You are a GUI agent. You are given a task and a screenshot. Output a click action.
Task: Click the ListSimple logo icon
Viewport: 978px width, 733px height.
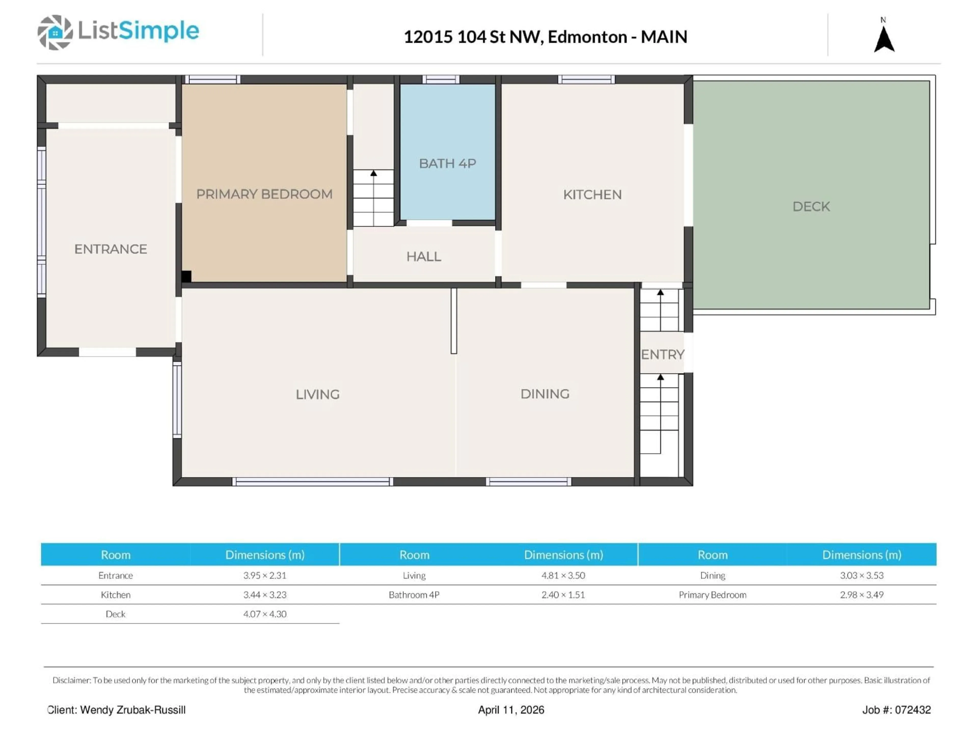coord(55,32)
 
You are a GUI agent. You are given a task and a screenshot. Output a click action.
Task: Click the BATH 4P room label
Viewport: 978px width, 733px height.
coord(447,163)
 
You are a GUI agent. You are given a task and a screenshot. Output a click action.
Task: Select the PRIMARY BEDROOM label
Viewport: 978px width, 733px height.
coord(264,194)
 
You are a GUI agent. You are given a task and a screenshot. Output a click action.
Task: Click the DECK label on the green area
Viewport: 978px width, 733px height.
coord(811,206)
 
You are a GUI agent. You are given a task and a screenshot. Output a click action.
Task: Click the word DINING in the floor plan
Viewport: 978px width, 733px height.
coord(545,394)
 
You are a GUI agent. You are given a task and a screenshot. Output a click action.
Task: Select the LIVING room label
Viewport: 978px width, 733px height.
coord(317,394)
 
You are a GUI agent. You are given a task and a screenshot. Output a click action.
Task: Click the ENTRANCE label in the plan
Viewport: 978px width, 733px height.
coord(111,249)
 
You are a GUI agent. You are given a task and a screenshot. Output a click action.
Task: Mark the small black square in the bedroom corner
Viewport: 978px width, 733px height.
coord(186,276)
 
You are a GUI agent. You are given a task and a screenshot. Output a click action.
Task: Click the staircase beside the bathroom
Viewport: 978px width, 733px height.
coord(373,198)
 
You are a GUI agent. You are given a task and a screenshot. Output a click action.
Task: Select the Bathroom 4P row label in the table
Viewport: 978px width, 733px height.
coord(414,595)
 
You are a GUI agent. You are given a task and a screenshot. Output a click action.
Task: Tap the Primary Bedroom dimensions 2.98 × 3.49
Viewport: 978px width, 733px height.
coord(861,595)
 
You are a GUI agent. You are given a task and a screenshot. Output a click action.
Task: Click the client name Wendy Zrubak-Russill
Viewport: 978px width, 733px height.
coord(133,710)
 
